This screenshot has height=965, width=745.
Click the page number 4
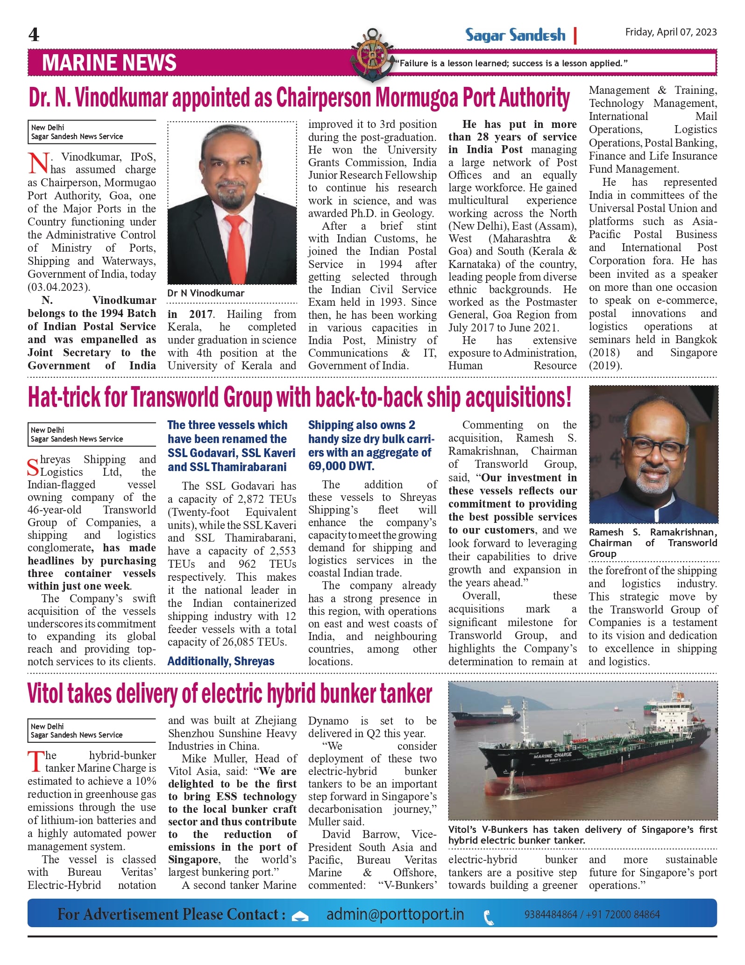34,35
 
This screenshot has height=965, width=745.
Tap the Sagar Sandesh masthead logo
515,35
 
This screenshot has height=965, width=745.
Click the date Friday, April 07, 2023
671,32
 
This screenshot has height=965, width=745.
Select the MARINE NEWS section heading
109,63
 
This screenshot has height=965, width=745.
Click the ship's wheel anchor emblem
372,55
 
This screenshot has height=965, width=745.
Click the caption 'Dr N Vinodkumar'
206,293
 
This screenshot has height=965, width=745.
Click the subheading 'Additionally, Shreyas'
221,661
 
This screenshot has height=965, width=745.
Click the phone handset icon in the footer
489,917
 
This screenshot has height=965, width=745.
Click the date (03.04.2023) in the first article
58,287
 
